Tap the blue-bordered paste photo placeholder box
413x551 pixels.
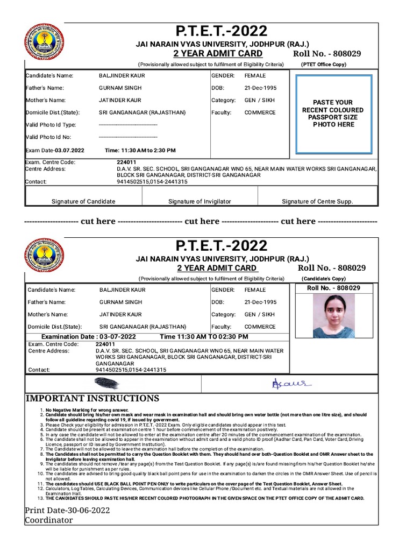point(333,113)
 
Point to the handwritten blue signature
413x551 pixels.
point(284,383)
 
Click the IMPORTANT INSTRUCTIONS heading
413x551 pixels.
point(92,399)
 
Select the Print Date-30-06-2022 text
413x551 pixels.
point(67,510)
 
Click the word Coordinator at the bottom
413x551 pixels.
point(49,520)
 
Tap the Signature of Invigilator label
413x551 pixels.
point(200,202)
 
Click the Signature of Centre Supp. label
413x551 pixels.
point(317,202)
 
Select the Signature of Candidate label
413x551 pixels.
point(83,202)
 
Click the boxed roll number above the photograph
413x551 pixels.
point(333,288)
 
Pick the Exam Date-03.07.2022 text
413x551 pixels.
point(55,151)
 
